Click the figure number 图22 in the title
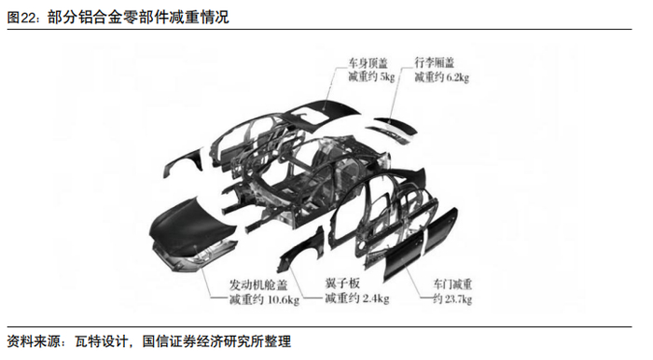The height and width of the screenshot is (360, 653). coord(20,18)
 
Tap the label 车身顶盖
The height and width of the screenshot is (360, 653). coord(368,63)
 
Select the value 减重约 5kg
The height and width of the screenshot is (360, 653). coord(371,77)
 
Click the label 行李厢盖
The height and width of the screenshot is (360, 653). coord(434,62)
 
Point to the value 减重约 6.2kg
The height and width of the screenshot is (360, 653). coord(441,77)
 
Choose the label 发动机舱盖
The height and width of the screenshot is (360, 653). coord(258,285)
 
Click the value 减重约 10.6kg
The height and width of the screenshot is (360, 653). coord(264,299)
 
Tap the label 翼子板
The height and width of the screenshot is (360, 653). coord(342,284)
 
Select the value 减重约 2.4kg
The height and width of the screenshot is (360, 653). coord(357,298)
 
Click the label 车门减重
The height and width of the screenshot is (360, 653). coord(452,284)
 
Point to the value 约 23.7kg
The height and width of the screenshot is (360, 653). coord(452,299)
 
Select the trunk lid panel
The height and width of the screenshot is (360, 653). coord(395,128)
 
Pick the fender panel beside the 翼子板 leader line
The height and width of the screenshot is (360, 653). coord(300,251)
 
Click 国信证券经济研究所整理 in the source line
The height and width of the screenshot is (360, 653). coord(216,341)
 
